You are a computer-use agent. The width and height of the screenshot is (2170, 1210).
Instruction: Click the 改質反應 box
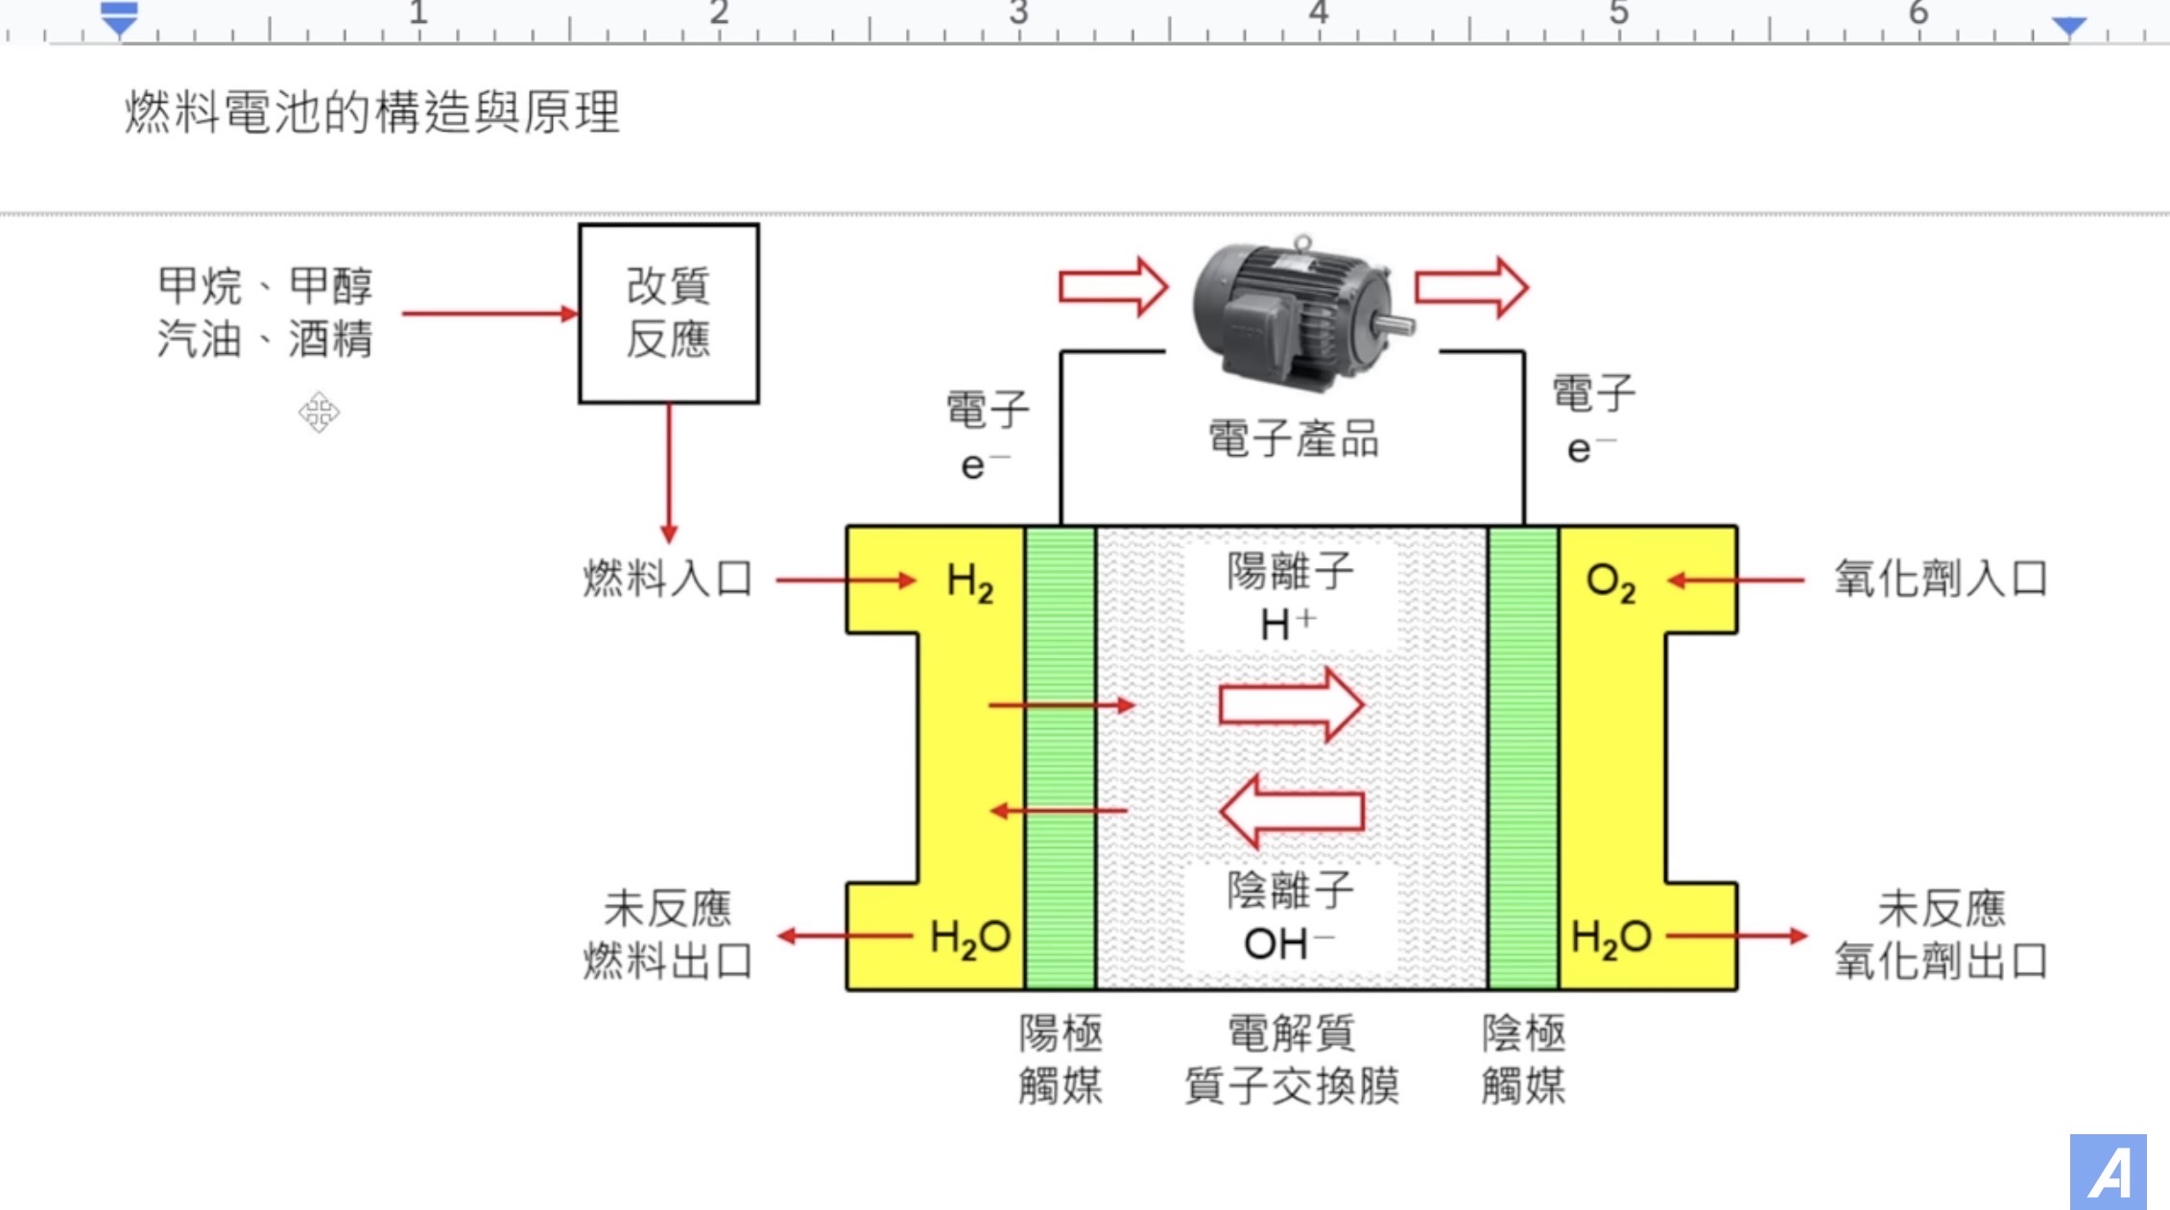[668, 313]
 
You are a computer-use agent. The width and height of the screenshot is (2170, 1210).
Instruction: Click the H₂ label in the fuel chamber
[969, 581]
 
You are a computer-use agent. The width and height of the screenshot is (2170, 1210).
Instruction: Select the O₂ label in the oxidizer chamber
[1610, 581]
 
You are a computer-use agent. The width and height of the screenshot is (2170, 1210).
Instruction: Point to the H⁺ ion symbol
[1287, 625]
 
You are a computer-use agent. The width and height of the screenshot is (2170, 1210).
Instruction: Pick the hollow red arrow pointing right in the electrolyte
[1291, 705]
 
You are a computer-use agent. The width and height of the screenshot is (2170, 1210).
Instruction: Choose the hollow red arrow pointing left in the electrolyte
[1291, 811]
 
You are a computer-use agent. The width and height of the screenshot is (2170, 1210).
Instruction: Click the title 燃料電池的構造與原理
[372, 112]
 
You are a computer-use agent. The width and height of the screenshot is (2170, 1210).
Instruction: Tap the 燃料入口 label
[667, 579]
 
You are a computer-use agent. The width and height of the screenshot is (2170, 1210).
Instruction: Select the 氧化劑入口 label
[1941, 579]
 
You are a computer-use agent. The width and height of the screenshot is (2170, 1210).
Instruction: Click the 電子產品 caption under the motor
[1293, 439]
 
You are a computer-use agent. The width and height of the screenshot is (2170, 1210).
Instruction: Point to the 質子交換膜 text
[1291, 1086]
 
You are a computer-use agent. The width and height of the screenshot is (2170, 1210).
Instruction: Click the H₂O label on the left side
[969, 937]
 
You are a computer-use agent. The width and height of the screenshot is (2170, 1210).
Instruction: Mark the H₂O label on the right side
[1610, 937]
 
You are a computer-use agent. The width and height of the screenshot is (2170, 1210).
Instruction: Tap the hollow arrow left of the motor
[1112, 286]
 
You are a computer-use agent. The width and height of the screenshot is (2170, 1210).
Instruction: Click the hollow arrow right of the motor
[1471, 286]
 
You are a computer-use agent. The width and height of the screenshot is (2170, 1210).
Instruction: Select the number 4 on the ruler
[1319, 13]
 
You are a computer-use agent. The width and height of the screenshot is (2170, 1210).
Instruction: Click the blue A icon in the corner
[2108, 1172]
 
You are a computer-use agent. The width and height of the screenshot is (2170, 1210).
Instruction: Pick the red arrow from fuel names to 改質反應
[489, 314]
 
